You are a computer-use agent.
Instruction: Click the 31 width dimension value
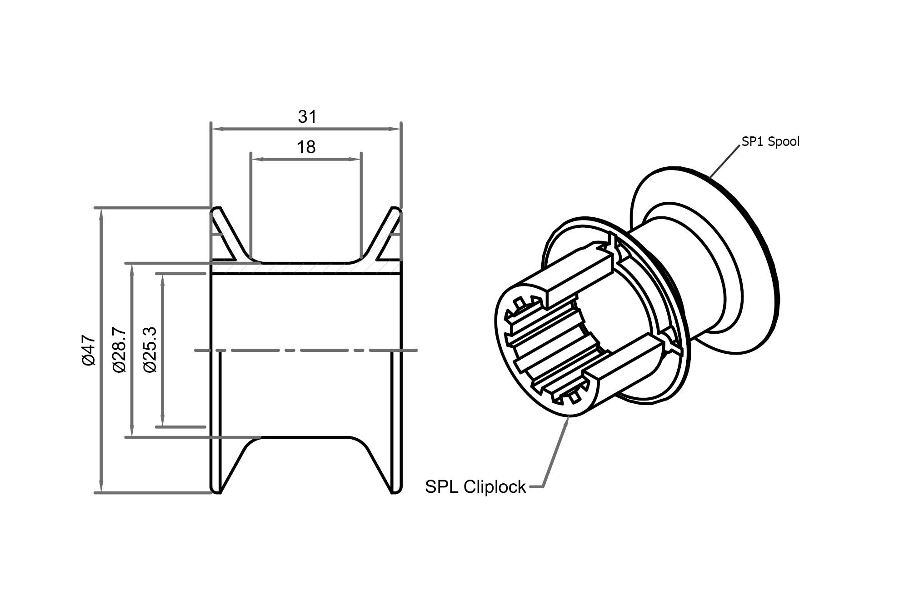coord(307,117)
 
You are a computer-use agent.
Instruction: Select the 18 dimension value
coord(306,147)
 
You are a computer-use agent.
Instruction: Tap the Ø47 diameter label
coord(89,351)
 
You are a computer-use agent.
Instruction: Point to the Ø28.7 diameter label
coord(119,350)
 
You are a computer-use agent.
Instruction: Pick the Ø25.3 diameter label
coord(150,350)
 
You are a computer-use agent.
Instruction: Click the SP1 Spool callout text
coord(770,142)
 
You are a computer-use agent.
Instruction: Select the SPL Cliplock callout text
coord(475,487)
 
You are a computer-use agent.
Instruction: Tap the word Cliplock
coord(494,487)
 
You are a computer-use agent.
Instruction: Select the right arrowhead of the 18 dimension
coord(355,159)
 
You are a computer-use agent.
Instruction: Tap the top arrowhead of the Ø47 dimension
coord(101,214)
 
